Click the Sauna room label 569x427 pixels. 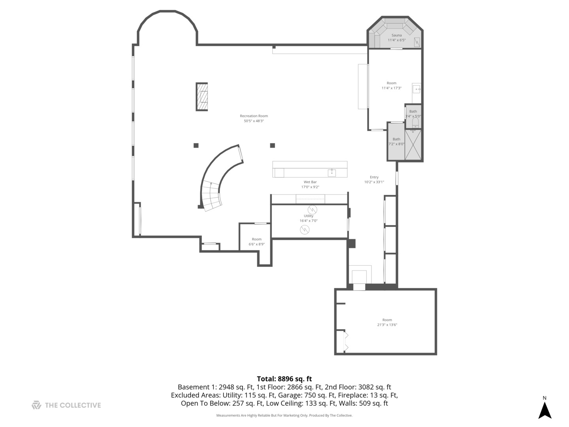(396, 35)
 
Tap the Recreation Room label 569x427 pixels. (254, 116)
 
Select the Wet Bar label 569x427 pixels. (310, 182)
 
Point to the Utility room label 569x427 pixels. (309, 216)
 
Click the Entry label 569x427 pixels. (374, 177)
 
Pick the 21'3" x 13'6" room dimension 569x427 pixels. (387, 325)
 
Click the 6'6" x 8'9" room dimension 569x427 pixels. (256, 244)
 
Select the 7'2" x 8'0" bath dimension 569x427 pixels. (396, 144)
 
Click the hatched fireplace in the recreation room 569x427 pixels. (202, 97)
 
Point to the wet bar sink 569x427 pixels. (332, 172)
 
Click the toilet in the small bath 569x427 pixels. (415, 123)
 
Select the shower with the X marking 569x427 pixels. (413, 145)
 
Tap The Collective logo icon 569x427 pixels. (36, 405)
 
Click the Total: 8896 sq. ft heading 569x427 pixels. (284, 379)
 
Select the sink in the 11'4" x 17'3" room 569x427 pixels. (416, 89)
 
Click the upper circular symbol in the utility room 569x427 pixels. (312, 209)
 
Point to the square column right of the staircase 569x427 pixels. (272, 145)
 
